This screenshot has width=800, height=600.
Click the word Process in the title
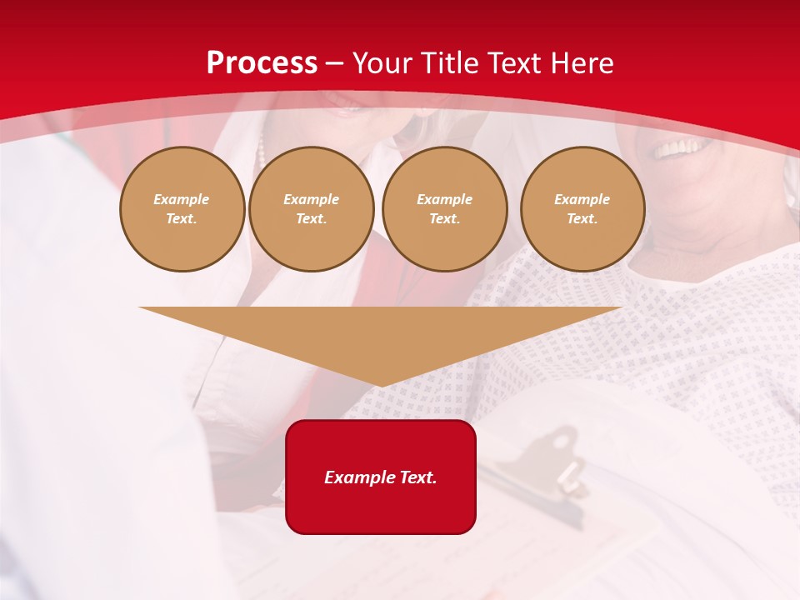[262, 63]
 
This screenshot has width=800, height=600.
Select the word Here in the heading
[580, 63]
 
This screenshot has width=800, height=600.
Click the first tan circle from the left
[182, 209]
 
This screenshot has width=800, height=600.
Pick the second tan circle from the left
[311, 209]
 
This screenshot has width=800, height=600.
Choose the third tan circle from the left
[444, 209]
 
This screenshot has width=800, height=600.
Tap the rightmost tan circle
[582, 209]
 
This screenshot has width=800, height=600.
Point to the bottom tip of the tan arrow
[381, 385]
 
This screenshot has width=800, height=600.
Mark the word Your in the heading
[382, 63]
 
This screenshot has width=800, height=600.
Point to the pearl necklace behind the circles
[262, 150]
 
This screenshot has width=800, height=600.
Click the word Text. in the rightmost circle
[582, 219]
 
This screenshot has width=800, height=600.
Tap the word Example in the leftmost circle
[182, 199]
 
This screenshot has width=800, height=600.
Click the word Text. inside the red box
[417, 477]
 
